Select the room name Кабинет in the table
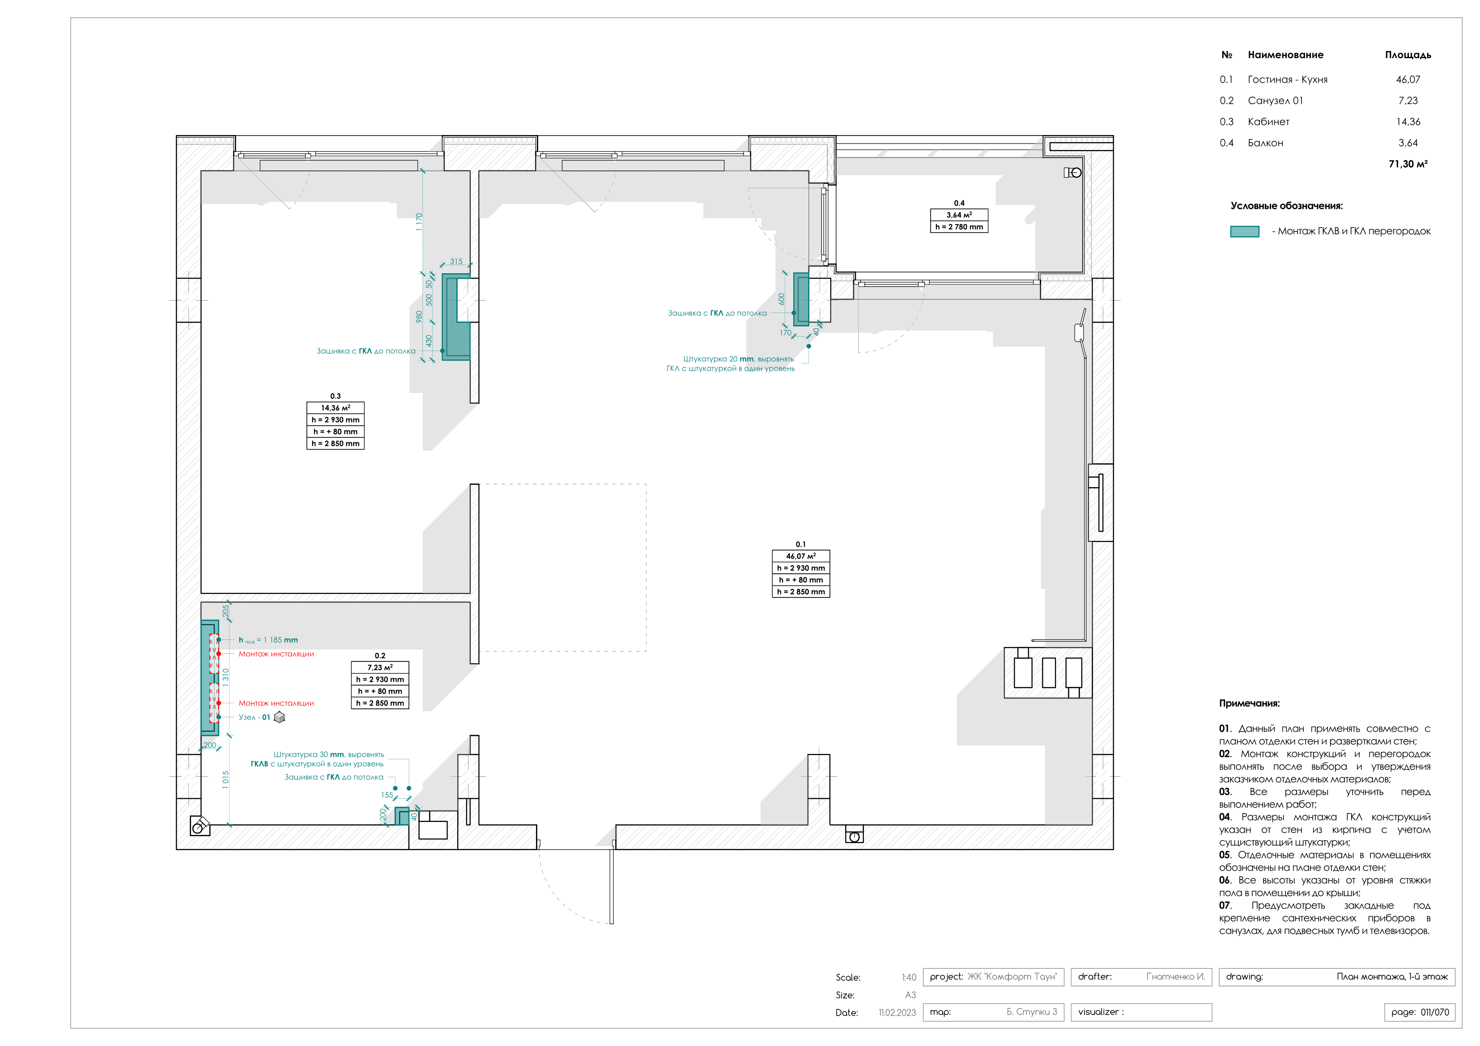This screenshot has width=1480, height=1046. (x=1268, y=122)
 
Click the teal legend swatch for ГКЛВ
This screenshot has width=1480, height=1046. (x=1244, y=231)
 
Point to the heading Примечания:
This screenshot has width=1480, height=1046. (x=1249, y=703)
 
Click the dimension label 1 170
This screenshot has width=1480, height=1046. (x=419, y=222)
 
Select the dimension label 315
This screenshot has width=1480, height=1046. (x=456, y=261)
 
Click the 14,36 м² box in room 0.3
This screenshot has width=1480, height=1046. (x=335, y=408)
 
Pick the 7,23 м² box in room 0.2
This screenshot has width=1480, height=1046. (x=380, y=668)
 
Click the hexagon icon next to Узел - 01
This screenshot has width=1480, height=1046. (x=279, y=717)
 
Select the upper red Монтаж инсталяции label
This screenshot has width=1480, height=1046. (x=276, y=654)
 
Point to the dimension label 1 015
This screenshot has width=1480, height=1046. (x=225, y=780)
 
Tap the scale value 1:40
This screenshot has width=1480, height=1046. (x=908, y=978)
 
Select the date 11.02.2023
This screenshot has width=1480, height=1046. (x=897, y=1012)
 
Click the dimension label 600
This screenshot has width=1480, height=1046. (x=781, y=299)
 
